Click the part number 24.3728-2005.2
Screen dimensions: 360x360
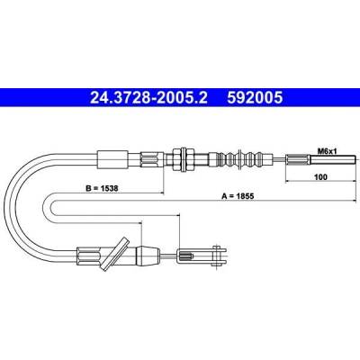pyautogui.click(x=148, y=97)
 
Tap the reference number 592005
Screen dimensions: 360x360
pyautogui.click(x=255, y=97)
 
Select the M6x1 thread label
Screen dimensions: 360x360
pyautogui.click(x=328, y=151)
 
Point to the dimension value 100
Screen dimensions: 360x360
pyautogui.click(x=321, y=177)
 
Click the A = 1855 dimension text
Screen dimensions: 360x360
pyautogui.click(x=238, y=196)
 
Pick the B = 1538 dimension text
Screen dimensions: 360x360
pyautogui.click(x=102, y=188)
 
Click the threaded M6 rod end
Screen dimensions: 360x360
pyautogui.click(x=334, y=159)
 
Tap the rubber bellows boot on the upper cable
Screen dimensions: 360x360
pyautogui.click(x=241, y=159)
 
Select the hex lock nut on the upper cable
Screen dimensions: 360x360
pyautogui.click(x=183, y=159)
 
